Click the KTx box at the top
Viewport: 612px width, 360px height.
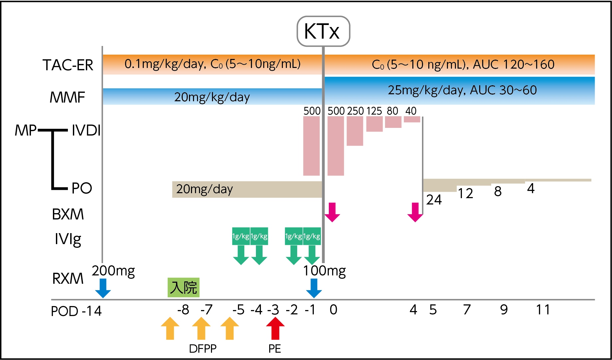[323, 31]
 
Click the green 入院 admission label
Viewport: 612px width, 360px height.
[183, 287]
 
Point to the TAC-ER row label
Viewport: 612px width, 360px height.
[68, 65]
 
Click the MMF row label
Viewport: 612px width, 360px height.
[67, 98]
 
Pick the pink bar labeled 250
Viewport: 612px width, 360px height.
[355, 131]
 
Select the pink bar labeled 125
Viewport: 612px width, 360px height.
[374, 124]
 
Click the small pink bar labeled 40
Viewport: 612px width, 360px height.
[412, 119]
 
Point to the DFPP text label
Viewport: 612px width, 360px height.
[203, 349]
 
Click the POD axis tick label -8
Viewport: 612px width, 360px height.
[183, 310]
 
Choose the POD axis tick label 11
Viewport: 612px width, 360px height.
[543, 310]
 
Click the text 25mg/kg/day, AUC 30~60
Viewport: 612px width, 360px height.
[462, 90]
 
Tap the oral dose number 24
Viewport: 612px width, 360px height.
[434, 200]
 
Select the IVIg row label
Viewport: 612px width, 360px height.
[68, 239]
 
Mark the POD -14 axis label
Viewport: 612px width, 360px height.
[76, 311]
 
